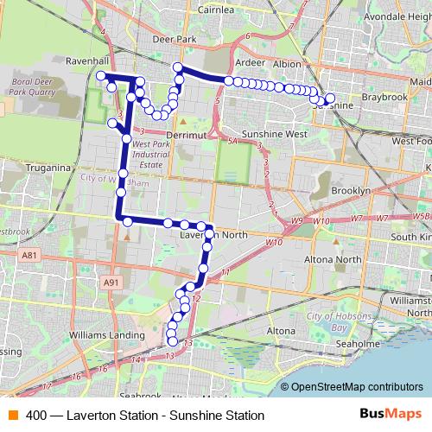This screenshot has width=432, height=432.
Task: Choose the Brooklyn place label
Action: (350, 190)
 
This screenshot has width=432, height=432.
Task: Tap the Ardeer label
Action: (250, 63)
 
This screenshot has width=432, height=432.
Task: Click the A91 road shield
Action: (110, 282)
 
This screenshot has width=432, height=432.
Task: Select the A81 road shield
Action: (29, 255)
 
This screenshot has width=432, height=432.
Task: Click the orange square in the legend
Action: (12, 415)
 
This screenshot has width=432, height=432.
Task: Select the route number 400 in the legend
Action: (36, 415)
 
